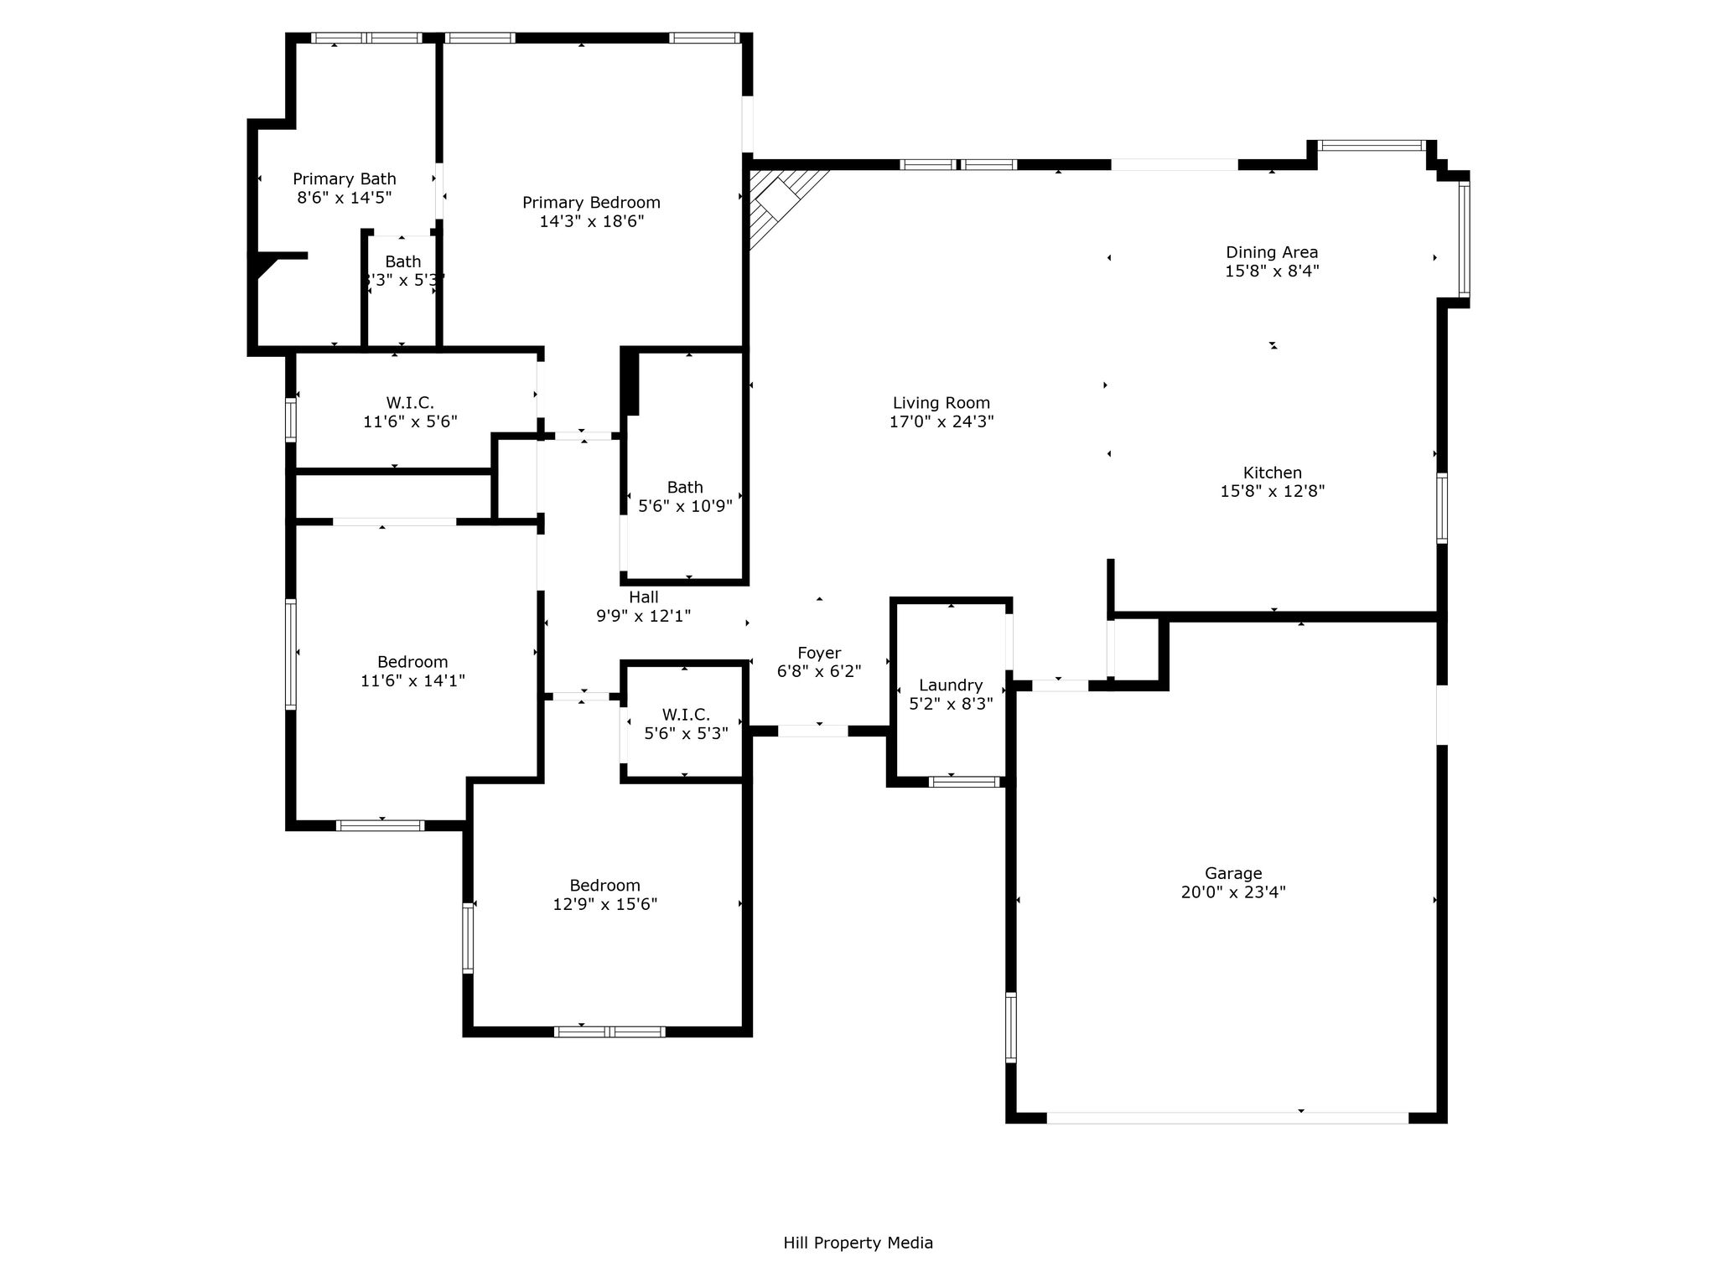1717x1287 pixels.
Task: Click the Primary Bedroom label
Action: (x=591, y=202)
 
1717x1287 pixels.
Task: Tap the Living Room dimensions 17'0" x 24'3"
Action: (x=941, y=421)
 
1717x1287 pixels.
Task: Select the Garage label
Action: (x=1233, y=873)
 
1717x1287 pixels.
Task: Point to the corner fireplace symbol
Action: (x=784, y=204)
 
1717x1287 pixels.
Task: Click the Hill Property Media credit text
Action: (x=858, y=1243)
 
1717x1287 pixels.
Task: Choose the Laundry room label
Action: (x=951, y=685)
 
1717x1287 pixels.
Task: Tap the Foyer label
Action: (x=819, y=653)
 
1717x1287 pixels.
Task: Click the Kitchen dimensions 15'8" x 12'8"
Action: (x=1272, y=491)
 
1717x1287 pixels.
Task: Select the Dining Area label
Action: (x=1272, y=251)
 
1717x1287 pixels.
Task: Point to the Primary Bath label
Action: (x=345, y=178)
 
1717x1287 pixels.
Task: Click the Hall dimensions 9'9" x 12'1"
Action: (x=643, y=616)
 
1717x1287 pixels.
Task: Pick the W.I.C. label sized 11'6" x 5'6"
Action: (x=410, y=402)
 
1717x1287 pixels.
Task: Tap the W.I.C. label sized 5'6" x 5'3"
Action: (x=686, y=714)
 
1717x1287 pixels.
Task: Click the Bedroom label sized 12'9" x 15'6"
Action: (x=604, y=885)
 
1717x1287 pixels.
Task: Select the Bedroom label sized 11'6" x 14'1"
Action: (x=412, y=661)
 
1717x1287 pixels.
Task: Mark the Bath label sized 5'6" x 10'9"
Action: (x=685, y=487)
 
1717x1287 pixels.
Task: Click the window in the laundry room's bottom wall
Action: (x=964, y=782)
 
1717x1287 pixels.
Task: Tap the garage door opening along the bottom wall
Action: (x=1227, y=1118)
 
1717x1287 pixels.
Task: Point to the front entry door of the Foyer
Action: (x=813, y=731)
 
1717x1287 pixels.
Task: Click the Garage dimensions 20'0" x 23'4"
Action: (x=1233, y=892)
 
